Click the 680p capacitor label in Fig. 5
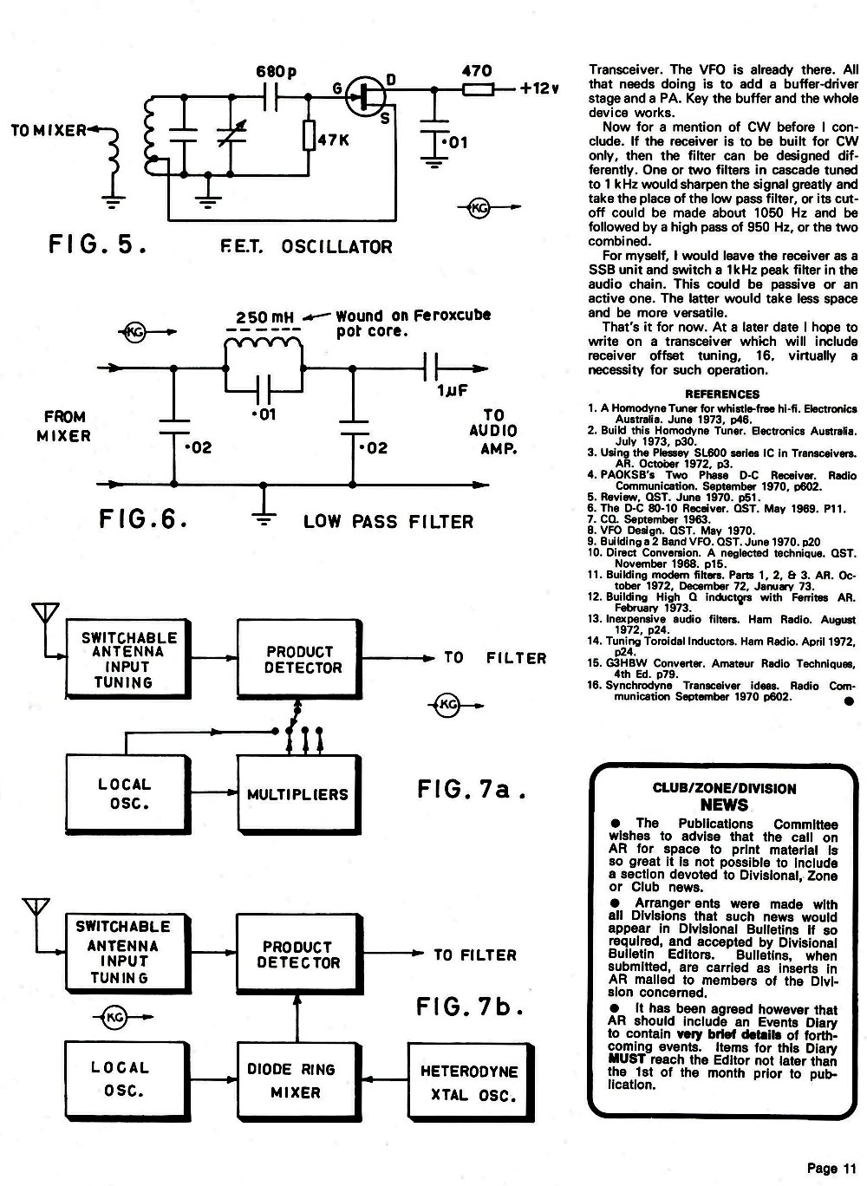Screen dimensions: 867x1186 pos(276,71)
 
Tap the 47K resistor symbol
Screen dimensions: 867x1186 pos(309,135)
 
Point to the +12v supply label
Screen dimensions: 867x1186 pos(539,88)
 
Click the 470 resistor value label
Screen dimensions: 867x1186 pos(477,71)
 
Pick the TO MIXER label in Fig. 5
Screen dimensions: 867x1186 pos(49,130)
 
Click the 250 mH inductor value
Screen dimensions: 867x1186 pos(264,317)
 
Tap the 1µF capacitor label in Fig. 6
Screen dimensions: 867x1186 pos(453,391)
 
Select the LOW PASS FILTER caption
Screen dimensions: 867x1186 pos(388,522)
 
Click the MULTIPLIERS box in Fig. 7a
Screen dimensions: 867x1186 pos(299,793)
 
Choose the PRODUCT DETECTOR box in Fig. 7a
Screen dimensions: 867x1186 pos(299,660)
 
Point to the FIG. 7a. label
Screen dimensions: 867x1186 pos(472,789)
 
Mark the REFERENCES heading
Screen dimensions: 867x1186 pos(722,394)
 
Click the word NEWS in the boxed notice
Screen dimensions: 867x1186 pos(724,805)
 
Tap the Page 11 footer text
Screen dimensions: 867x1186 pos(831,1168)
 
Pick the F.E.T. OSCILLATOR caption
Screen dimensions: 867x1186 pos(306,247)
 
